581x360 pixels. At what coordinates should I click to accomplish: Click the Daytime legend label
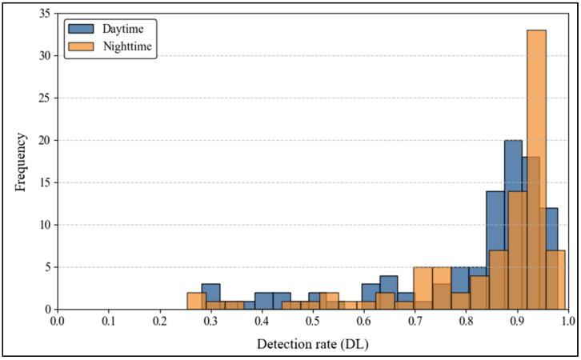[124, 29]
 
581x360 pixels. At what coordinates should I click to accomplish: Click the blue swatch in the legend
[82, 29]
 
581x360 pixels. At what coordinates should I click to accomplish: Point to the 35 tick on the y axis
[45, 14]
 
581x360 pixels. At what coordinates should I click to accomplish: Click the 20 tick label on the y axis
[45, 140]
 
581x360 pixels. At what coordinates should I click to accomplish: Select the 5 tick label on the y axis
[48, 267]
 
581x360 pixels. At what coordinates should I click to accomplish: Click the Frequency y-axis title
[21, 160]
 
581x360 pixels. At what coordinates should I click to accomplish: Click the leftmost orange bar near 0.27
[197, 301]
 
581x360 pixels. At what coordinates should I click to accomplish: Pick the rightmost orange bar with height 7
[556, 280]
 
